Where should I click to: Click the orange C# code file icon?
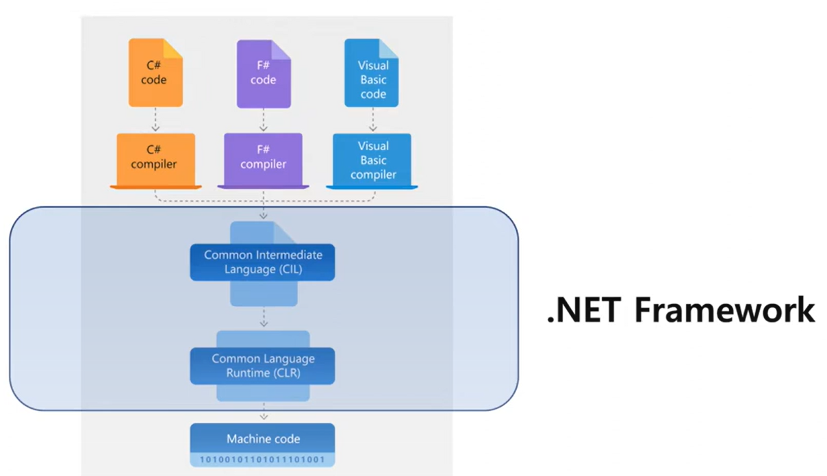(x=155, y=74)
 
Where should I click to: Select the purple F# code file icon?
(x=264, y=74)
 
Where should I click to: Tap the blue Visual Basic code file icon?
(x=372, y=74)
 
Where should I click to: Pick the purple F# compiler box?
(x=264, y=158)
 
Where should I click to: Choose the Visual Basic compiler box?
(x=372, y=160)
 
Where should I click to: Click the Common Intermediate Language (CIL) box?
(x=262, y=262)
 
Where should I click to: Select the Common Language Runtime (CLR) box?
(x=262, y=366)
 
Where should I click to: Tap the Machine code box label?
(x=263, y=439)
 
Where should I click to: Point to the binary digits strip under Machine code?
(x=262, y=460)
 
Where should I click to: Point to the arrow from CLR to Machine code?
(x=264, y=412)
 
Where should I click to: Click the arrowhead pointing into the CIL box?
(x=264, y=216)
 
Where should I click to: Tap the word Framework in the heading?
(x=724, y=310)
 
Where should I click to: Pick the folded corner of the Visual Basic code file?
(x=389, y=48)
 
